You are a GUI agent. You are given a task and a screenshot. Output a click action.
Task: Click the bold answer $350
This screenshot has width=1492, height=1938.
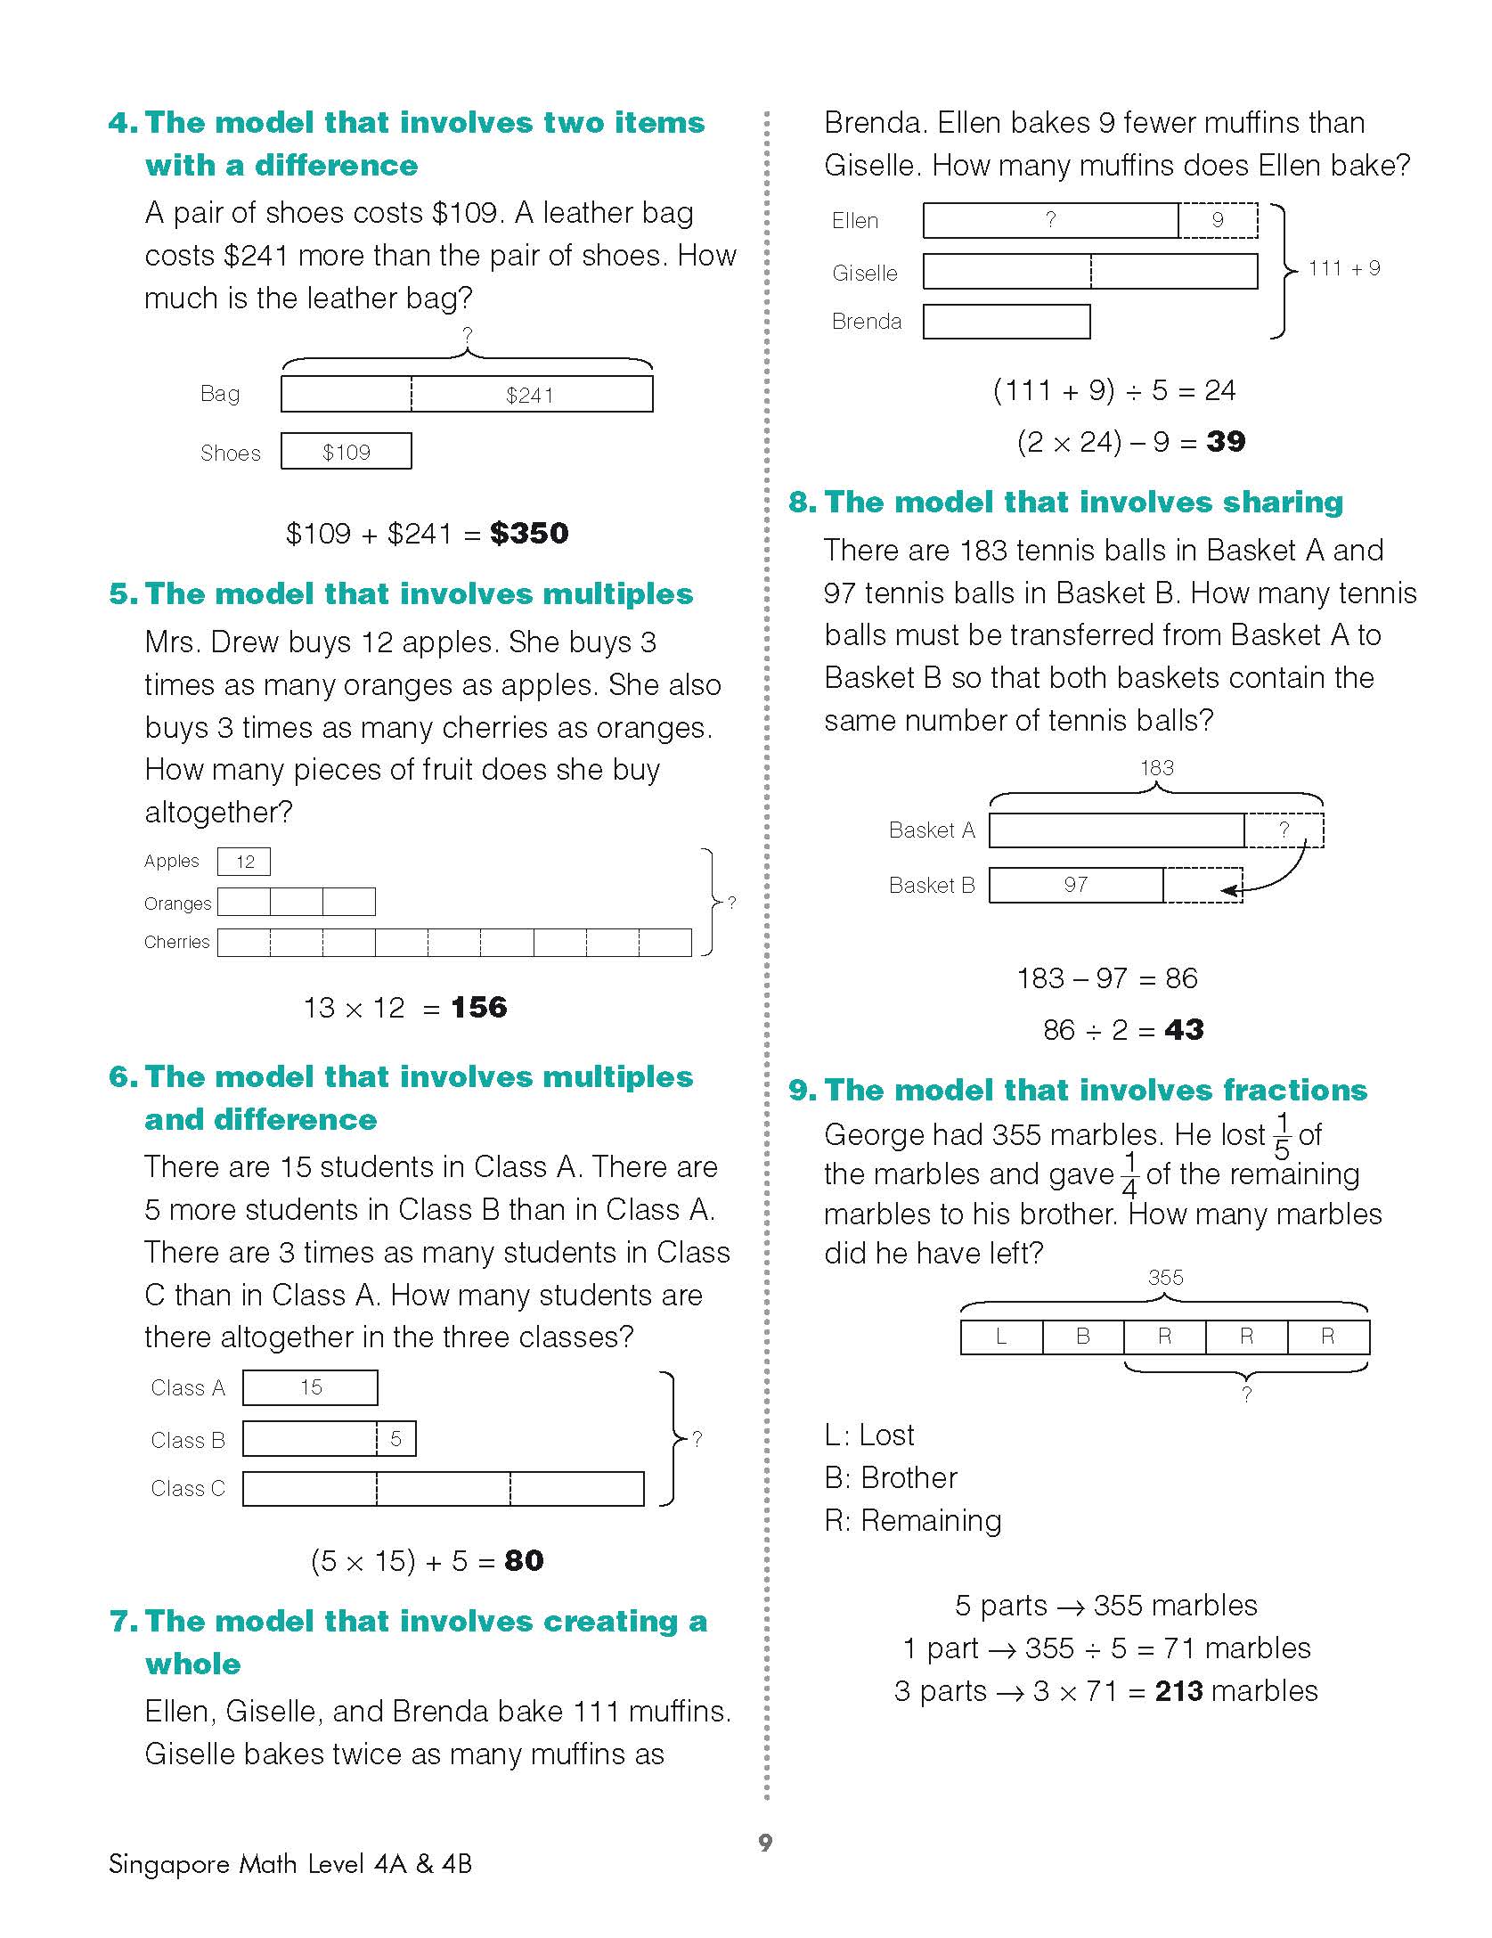tap(529, 534)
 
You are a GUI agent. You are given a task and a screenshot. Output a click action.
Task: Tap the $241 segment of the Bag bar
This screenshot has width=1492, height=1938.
tap(531, 395)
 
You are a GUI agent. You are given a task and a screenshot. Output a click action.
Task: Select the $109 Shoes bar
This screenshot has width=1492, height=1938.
tap(347, 452)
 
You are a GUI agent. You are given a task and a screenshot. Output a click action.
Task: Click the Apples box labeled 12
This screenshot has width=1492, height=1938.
tap(244, 862)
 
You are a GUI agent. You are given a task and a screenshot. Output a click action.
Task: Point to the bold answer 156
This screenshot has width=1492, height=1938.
tap(479, 1008)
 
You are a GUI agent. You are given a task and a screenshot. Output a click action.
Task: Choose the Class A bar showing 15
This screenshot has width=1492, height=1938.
tap(310, 1387)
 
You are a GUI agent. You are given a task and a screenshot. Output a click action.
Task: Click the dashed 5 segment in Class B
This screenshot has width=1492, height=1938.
tap(396, 1438)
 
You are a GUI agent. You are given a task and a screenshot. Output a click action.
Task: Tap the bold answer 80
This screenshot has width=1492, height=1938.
tap(524, 1560)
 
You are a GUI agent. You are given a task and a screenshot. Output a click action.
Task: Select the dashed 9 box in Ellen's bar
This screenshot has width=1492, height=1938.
tap(1218, 220)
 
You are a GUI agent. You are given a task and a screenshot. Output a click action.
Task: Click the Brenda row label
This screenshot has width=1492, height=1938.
tap(867, 322)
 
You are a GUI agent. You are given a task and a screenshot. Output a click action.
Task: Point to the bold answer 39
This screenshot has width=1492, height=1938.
tap(1226, 442)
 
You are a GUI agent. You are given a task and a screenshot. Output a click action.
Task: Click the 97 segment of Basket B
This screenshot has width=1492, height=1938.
tap(1076, 885)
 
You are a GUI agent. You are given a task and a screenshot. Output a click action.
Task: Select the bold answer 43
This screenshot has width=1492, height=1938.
tap(1184, 1030)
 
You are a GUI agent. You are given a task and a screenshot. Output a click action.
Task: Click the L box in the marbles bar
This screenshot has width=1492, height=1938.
tap(1001, 1337)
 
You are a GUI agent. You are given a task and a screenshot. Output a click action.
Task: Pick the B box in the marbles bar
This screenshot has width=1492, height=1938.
tap(1083, 1337)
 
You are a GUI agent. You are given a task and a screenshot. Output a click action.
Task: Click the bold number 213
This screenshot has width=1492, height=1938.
tap(1178, 1691)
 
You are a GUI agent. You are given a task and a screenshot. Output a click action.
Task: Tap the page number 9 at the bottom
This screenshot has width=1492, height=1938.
tap(765, 1843)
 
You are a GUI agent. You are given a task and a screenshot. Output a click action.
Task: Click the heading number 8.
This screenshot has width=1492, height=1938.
tap(801, 503)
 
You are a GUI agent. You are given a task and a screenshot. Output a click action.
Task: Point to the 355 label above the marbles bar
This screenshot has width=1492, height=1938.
tap(1165, 1278)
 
